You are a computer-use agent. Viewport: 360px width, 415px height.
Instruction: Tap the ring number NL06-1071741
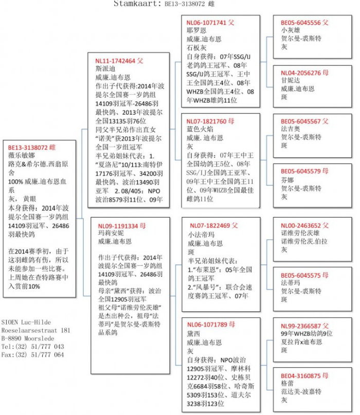click(207, 23)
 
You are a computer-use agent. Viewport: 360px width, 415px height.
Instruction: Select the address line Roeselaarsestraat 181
click(36, 330)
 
